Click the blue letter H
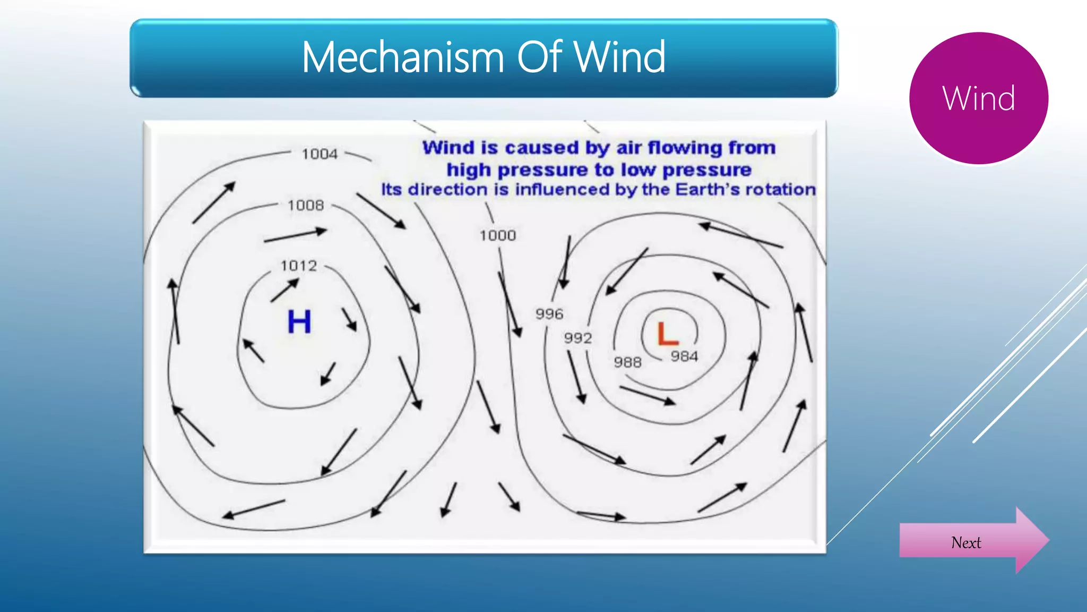point(299,321)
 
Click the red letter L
point(667,334)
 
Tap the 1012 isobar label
point(298,266)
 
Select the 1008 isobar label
point(305,205)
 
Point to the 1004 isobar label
point(320,154)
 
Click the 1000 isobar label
point(497,235)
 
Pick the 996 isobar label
point(549,314)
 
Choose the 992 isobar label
point(577,338)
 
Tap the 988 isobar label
point(627,362)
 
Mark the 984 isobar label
point(684,356)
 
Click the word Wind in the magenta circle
point(978,98)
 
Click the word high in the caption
point(469,170)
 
